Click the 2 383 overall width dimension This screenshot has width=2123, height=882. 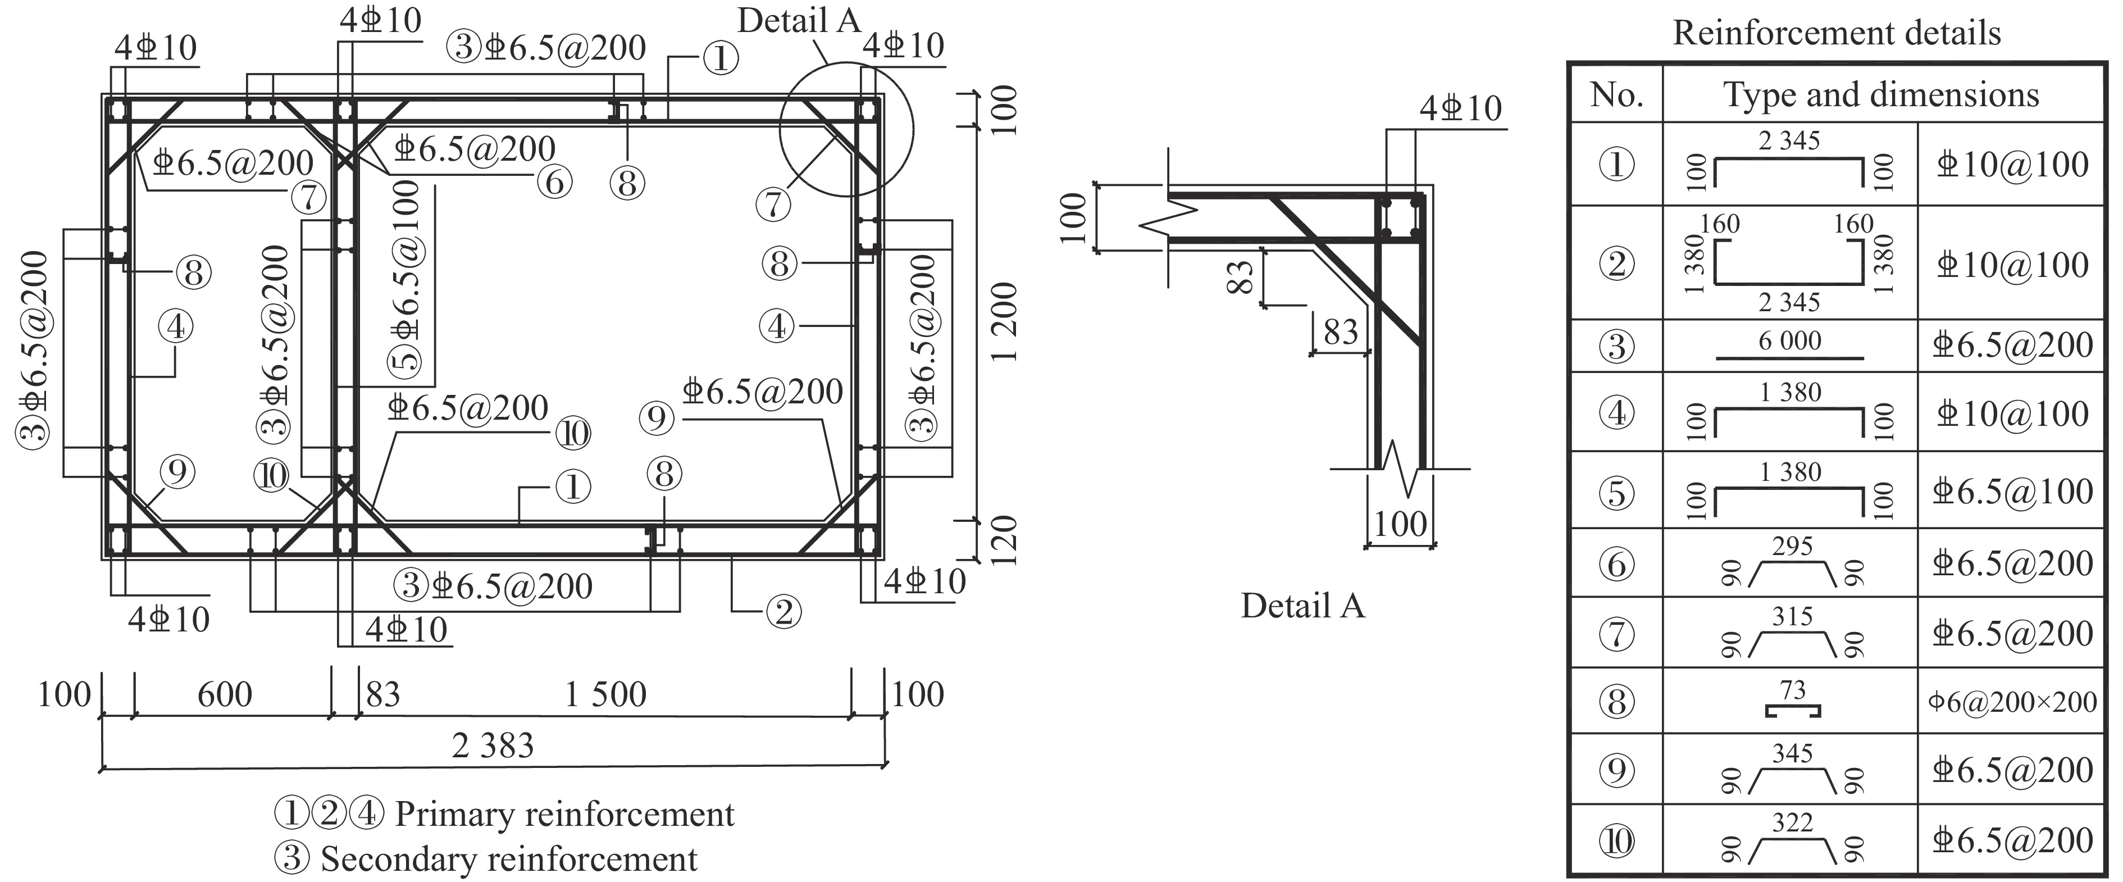click(x=493, y=746)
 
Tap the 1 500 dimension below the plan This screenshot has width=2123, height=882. click(x=606, y=695)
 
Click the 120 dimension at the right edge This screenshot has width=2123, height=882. click(x=1005, y=540)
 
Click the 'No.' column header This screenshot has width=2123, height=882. click(x=1616, y=95)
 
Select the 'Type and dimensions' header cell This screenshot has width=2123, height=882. click(x=1881, y=95)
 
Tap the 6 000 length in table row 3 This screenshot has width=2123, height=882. click(x=1790, y=340)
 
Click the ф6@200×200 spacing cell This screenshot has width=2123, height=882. click(x=2012, y=702)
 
